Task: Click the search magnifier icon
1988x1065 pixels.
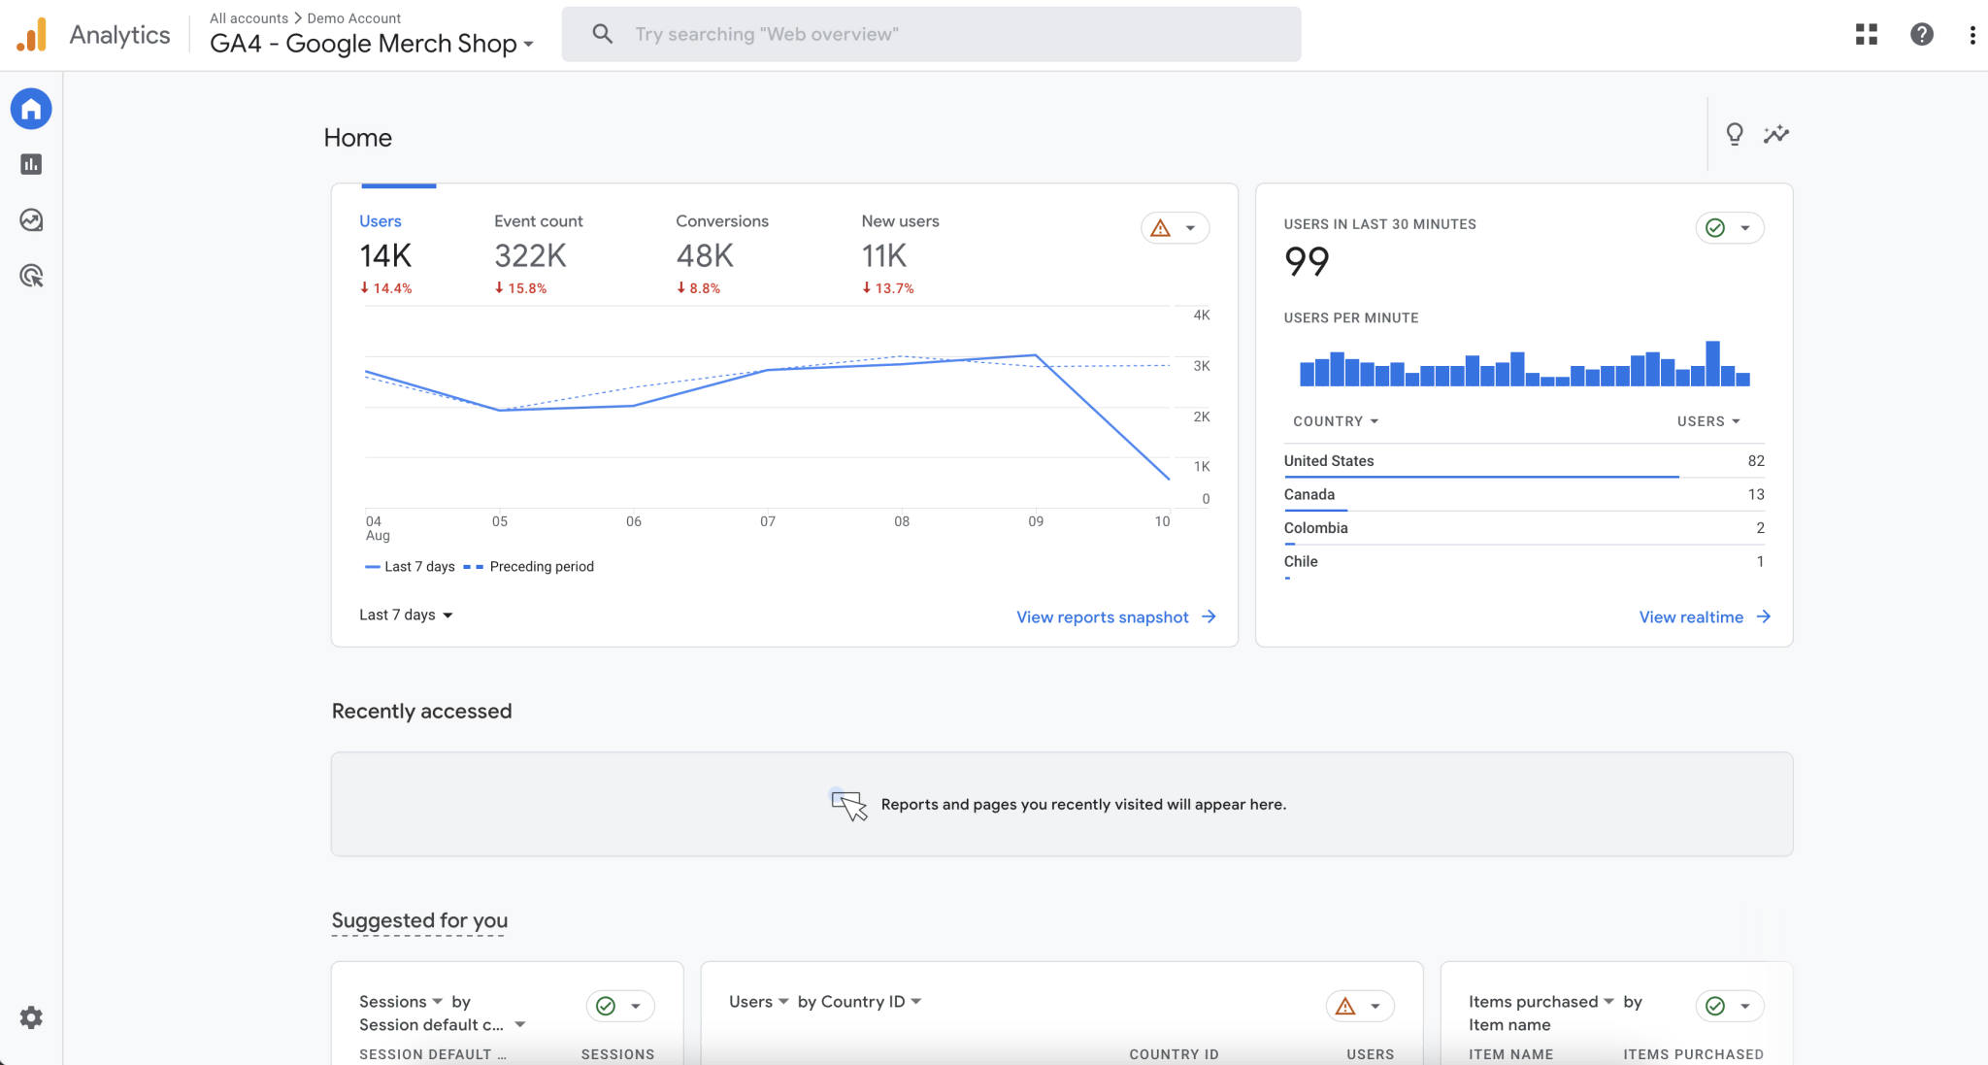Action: [602, 34]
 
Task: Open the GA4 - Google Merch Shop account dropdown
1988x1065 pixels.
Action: [372, 44]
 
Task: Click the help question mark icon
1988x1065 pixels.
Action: [1921, 34]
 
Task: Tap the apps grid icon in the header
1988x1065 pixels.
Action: [1866, 34]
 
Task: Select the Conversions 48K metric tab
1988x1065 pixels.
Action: [721, 254]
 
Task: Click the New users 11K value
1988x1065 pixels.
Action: [883, 256]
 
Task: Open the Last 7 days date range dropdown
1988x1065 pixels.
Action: [406, 615]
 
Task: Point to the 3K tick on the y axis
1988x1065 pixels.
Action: [1201, 366]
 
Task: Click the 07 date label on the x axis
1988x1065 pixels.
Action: [767, 521]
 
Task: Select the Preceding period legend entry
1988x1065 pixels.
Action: [541, 567]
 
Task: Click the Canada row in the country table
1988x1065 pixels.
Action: [1309, 494]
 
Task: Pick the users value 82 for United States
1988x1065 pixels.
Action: [1755, 461]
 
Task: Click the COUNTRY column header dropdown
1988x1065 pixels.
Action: [1336, 421]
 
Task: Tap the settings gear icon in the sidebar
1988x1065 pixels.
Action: [31, 1017]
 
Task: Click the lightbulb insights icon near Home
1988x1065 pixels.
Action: [1734, 134]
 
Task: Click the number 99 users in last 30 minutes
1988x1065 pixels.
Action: [1307, 261]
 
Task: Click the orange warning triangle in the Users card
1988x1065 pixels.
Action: [1160, 228]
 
